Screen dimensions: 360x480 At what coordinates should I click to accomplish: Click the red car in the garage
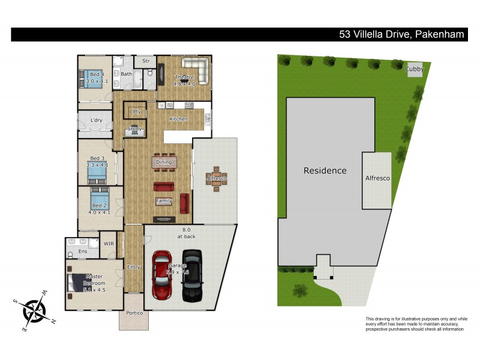point(162,275)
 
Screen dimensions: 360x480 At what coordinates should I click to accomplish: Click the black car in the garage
point(192,275)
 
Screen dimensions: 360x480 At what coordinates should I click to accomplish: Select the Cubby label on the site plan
point(415,69)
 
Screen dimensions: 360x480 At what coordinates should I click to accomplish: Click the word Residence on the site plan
point(325,170)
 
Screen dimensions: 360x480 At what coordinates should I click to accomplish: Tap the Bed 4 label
point(88,74)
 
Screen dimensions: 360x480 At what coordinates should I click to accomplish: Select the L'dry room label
point(96,120)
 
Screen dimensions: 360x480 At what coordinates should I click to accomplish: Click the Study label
point(135,128)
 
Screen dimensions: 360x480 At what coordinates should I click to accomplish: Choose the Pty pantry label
point(137,112)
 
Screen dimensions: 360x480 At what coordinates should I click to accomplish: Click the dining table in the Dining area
point(164,162)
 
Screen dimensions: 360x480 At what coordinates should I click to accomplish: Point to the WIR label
point(109,244)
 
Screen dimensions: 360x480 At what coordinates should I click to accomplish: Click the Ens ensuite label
point(83,251)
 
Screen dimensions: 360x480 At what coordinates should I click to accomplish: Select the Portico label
point(134,313)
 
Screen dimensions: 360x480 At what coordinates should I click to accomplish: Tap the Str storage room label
point(145,61)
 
